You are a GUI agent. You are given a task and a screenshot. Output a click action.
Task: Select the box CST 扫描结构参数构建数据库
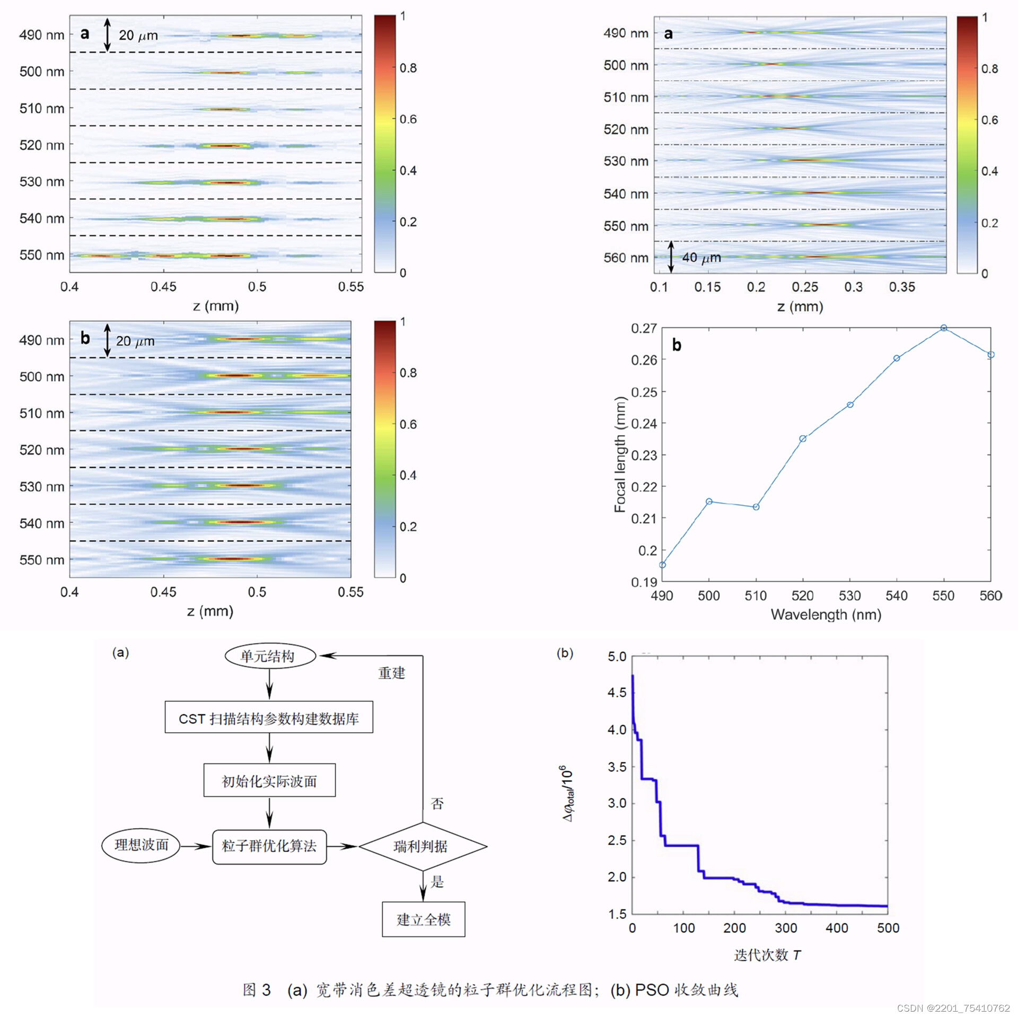(269, 718)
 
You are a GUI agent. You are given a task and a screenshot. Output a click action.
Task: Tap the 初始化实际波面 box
(269, 781)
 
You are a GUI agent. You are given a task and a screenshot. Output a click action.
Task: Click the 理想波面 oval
(141, 845)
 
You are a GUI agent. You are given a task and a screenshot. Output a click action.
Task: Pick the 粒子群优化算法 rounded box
(269, 846)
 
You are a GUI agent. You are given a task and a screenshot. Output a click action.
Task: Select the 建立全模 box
(423, 919)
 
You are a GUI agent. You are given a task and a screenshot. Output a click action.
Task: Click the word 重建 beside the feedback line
(392, 673)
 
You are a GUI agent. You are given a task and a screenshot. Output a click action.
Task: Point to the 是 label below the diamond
(437, 882)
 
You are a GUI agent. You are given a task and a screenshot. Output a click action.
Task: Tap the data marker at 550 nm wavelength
(944, 328)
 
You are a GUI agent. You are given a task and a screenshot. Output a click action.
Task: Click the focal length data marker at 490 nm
(662, 565)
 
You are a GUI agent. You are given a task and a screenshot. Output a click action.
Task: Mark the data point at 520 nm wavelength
(803, 438)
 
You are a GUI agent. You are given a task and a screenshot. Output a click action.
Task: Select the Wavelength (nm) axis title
(826, 615)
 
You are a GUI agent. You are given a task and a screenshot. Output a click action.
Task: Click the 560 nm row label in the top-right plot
(626, 258)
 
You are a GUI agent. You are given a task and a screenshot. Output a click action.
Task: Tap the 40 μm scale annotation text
(701, 258)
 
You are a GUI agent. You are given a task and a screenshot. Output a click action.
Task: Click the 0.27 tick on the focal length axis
(644, 328)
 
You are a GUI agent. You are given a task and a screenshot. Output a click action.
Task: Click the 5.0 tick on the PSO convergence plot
(617, 656)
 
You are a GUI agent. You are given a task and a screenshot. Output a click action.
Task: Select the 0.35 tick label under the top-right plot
(902, 287)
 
